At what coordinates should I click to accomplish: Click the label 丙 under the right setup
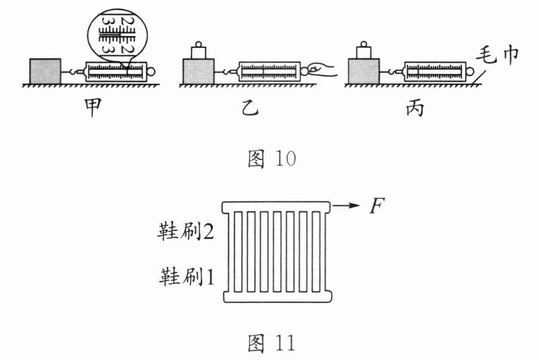click(414, 110)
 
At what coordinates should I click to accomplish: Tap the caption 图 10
click(271, 159)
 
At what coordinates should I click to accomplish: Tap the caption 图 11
click(271, 343)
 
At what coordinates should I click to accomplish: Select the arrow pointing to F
click(345, 206)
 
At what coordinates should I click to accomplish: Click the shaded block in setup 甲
click(45, 71)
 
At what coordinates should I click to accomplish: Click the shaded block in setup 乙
click(199, 71)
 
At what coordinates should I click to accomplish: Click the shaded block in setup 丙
click(364, 71)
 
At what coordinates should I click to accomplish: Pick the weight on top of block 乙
click(198, 49)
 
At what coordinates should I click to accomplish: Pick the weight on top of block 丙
click(364, 49)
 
